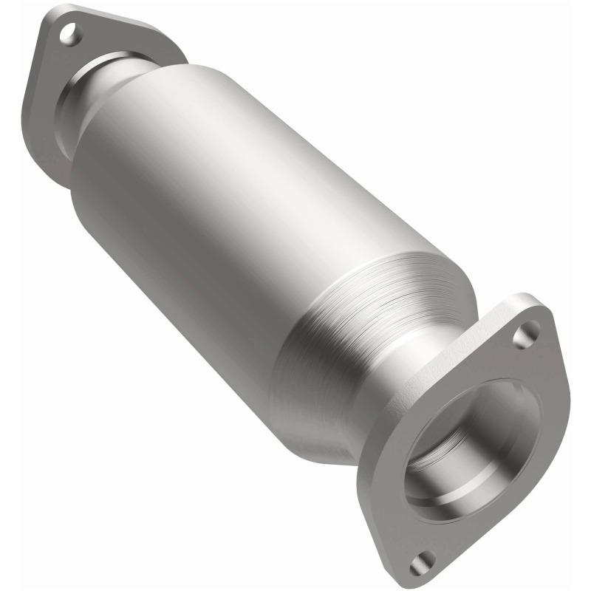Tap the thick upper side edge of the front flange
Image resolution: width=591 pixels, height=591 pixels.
click(x=473, y=325)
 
